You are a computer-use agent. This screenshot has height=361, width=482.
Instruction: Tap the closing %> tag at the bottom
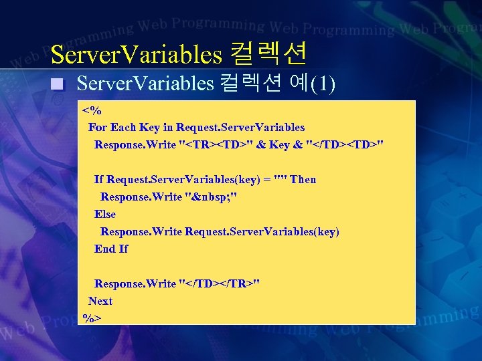click(92, 318)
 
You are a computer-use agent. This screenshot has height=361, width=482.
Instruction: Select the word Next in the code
click(100, 301)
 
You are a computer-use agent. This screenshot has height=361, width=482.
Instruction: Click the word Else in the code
click(105, 214)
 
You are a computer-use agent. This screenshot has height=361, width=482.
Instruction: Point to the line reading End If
click(111, 249)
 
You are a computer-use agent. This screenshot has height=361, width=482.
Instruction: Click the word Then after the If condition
click(303, 179)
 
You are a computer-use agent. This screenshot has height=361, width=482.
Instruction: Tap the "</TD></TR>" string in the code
click(220, 283)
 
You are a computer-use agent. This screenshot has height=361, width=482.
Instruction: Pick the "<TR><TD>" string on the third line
click(218, 144)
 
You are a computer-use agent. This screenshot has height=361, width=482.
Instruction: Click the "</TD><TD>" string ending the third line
click(344, 144)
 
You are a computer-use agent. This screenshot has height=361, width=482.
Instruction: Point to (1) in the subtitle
click(325, 84)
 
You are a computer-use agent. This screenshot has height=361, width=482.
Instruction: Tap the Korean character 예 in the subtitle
click(298, 84)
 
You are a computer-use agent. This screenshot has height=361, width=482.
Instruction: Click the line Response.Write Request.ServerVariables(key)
click(220, 231)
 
